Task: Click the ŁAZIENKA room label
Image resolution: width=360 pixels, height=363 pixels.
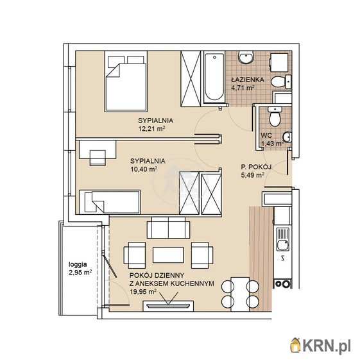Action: click(x=248, y=80)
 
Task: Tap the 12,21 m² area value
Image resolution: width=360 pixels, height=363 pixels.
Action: click(x=151, y=129)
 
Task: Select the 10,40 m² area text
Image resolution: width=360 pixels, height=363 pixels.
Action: click(x=144, y=169)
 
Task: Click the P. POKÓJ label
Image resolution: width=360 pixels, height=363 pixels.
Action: click(x=256, y=167)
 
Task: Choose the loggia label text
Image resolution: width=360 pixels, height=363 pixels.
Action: click(x=78, y=264)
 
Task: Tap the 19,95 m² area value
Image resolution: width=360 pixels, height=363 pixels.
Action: click(x=142, y=291)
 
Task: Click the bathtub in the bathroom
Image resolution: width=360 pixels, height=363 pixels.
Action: click(x=214, y=77)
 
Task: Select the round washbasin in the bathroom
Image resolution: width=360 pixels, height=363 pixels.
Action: click(x=246, y=57)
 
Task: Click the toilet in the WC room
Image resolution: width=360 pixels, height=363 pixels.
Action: click(x=275, y=117)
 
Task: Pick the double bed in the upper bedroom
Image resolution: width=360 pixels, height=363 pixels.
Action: click(x=126, y=81)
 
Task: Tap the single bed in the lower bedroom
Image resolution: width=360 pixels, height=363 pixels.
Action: click(x=110, y=202)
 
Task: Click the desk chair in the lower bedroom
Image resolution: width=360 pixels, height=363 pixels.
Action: click(x=98, y=158)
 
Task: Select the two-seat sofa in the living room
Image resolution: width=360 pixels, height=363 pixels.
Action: click(x=168, y=228)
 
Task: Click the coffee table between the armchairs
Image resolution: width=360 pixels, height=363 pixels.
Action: click(x=168, y=255)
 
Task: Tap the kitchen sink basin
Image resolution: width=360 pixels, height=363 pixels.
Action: click(x=283, y=246)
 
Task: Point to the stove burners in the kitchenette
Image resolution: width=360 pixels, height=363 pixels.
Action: click(x=282, y=284)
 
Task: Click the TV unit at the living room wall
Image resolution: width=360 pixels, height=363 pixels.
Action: click(x=168, y=306)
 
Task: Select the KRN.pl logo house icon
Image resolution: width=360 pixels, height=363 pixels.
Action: click(x=296, y=346)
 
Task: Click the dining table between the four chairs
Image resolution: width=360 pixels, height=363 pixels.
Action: click(x=240, y=294)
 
